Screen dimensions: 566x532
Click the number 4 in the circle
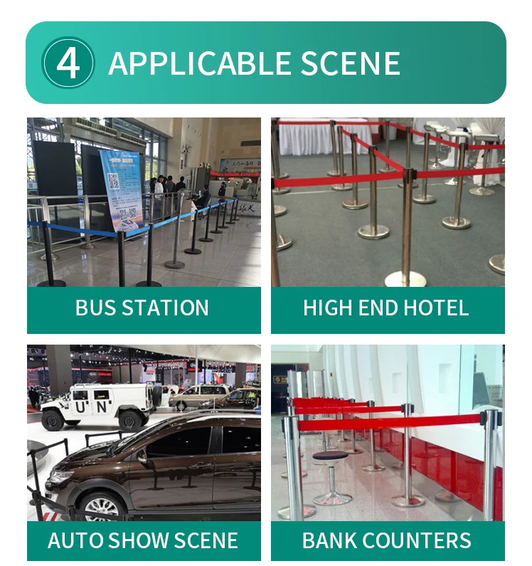pyautogui.click(x=68, y=63)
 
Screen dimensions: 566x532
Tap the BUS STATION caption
pyautogui.click(x=142, y=308)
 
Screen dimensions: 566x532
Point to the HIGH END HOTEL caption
pyautogui.click(x=386, y=308)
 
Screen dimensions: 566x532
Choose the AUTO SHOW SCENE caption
pyautogui.click(x=142, y=540)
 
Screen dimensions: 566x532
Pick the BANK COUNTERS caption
pyautogui.click(x=386, y=540)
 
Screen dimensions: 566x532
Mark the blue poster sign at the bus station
pyautogui.click(x=122, y=188)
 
